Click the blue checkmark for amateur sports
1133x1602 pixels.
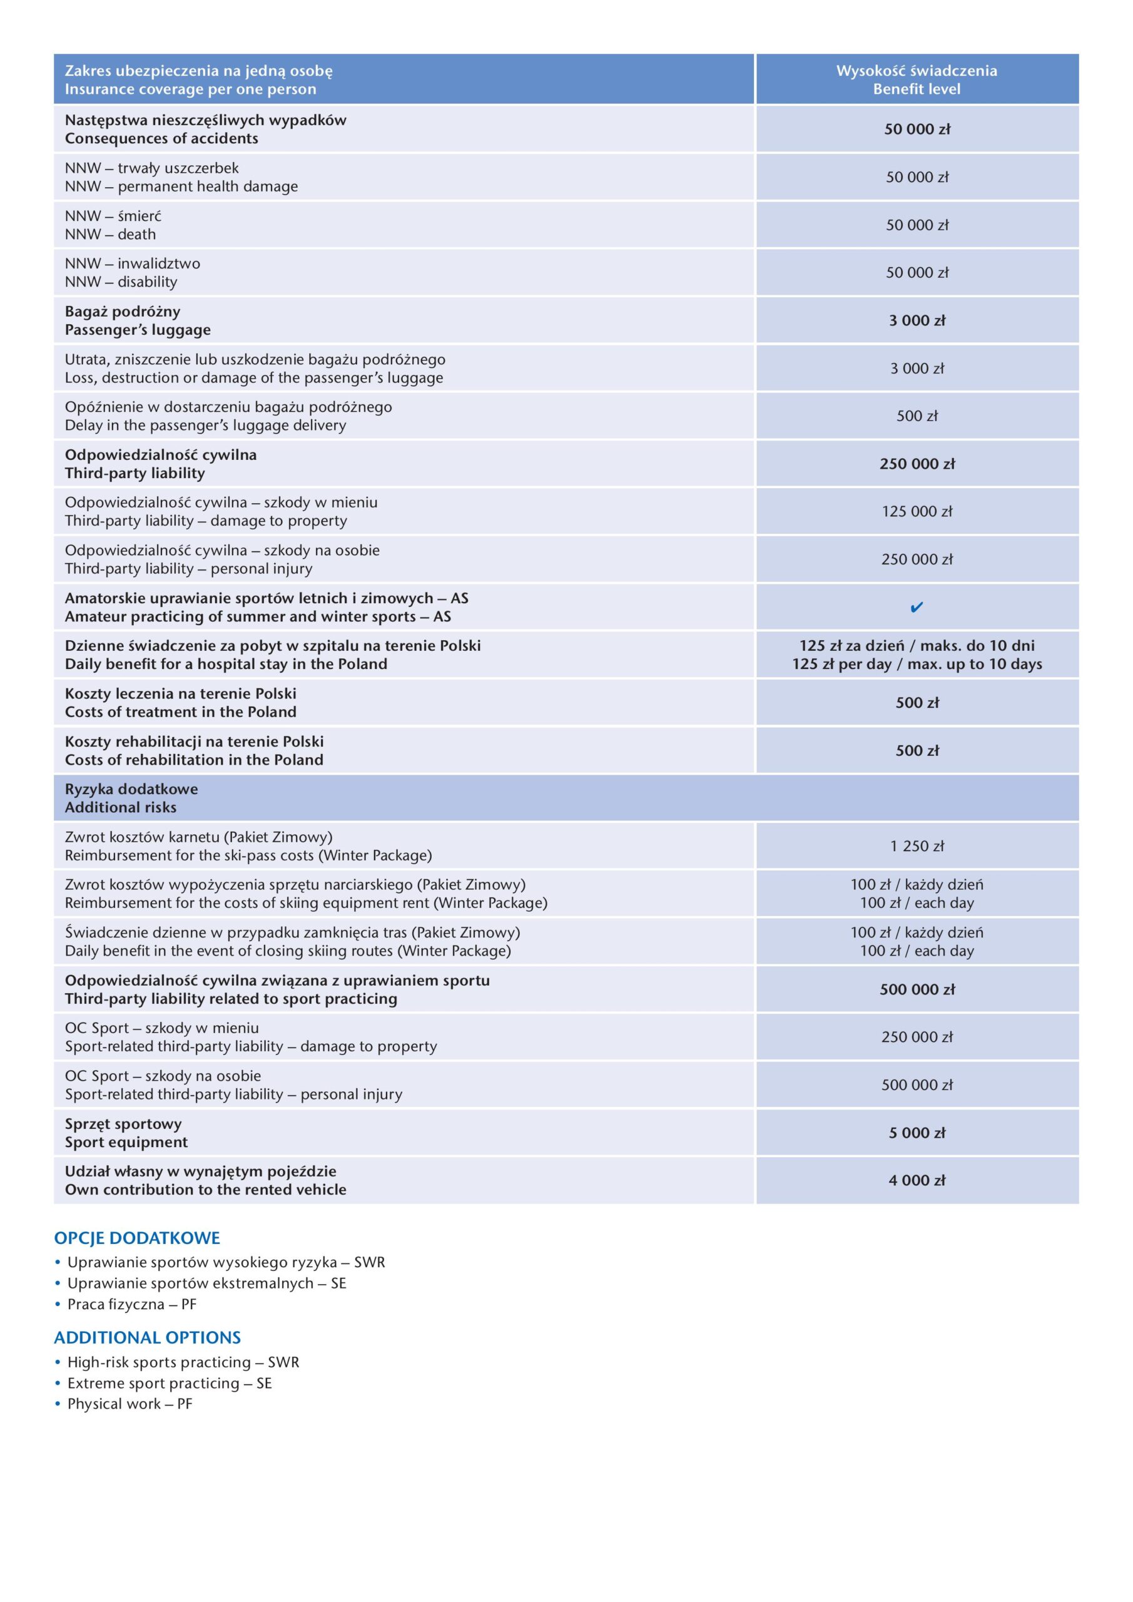[x=917, y=607]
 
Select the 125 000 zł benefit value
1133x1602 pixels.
[x=917, y=511]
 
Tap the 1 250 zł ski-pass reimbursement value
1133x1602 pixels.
[x=917, y=846]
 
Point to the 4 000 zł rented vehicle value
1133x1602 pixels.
[x=917, y=1181]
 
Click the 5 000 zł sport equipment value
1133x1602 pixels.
[x=917, y=1133]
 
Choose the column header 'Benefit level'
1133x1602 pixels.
[x=917, y=89]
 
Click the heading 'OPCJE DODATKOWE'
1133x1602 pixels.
[x=137, y=1238]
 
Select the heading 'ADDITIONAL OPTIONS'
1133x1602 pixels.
[x=147, y=1337]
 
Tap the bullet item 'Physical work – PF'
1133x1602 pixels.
[x=129, y=1404]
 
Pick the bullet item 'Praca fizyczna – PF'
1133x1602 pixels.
[x=132, y=1304]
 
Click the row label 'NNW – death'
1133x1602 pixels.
[x=110, y=235]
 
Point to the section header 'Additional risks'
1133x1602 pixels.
[x=121, y=807]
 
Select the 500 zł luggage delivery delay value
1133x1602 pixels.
[x=917, y=416]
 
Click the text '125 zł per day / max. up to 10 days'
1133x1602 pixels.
[x=917, y=664]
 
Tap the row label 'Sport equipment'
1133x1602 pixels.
[x=126, y=1142]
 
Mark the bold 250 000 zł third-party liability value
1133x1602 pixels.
[x=917, y=464]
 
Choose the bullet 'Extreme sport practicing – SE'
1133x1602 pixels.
[x=170, y=1383]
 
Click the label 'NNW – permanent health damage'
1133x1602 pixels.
[x=181, y=186]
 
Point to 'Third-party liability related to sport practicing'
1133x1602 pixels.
[x=231, y=999]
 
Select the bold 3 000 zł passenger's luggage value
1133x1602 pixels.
[x=917, y=321]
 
